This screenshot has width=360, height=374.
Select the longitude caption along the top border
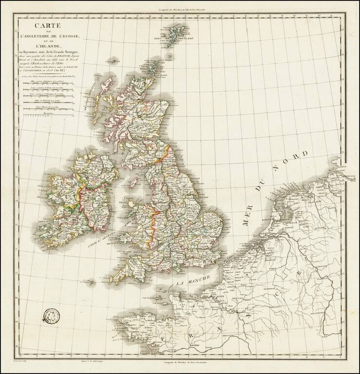[x=180, y=10]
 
